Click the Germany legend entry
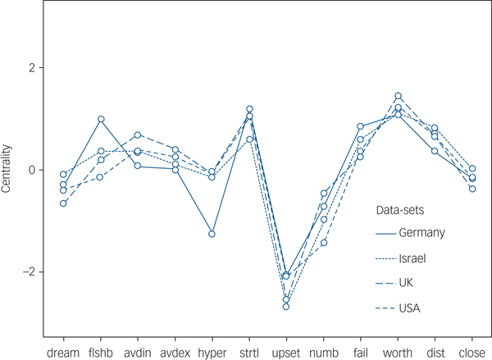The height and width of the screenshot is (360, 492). point(421,233)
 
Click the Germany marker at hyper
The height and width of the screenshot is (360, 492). point(212,234)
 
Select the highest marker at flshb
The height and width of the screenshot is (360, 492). point(101,119)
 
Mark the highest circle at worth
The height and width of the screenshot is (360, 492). point(398,96)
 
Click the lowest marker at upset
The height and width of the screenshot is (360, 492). point(286,307)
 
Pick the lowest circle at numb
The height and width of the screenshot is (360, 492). point(323,243)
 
